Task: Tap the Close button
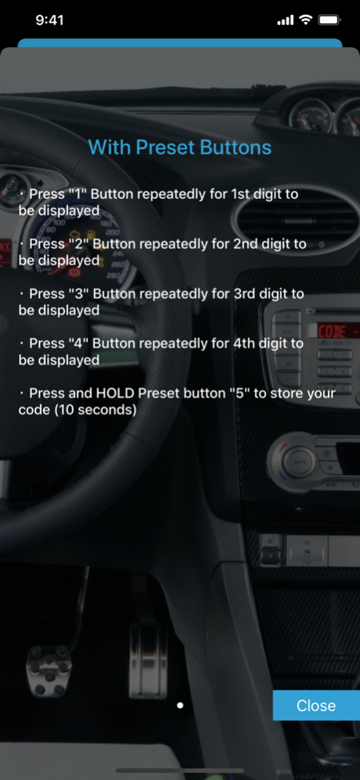coord(316,705)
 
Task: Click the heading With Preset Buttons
coord(180,147)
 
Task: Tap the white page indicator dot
coord(180,705)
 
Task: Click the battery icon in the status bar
coord(329,20)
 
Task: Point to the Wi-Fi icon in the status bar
coord(305,20)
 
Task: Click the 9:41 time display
coord(49,20)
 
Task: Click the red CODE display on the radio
coord(337,330)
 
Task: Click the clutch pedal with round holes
coord(49,670)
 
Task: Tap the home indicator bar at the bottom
coord(180,771)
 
